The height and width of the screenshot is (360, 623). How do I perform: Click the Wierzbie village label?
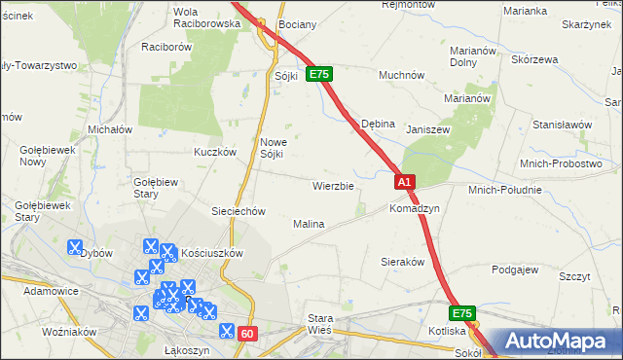coord(332,185)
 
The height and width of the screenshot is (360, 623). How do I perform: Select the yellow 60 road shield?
coord(247,334)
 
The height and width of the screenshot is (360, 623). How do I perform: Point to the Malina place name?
coord(309,224)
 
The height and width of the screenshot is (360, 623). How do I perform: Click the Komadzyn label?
coord(415,209)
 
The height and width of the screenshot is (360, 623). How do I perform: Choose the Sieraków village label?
coord(402,263)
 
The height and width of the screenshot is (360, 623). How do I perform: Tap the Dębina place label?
coord(378,125)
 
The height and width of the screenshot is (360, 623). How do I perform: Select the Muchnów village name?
coord(401,74)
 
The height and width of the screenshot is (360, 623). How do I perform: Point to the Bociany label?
coord(295,23)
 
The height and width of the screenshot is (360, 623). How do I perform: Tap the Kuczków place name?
coord(215,152)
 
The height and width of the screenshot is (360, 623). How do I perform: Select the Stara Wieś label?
coord(320,324)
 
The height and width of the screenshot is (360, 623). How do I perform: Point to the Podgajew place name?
coord(516,270)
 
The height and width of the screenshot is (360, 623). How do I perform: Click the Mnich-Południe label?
coord(504,190)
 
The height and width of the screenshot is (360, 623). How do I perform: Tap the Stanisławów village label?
coord(562,125)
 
